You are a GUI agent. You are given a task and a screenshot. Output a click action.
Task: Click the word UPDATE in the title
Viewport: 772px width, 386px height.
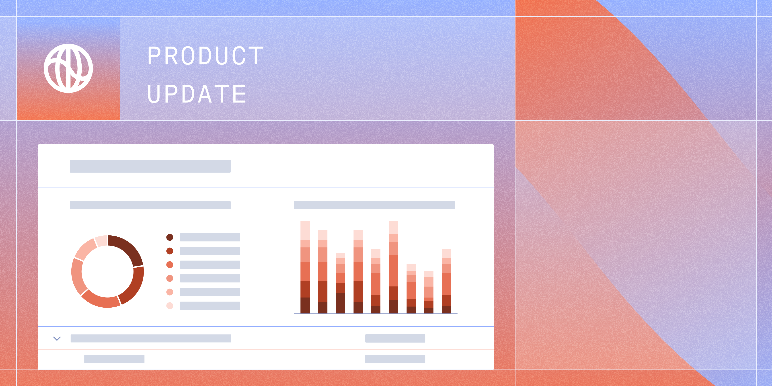pyautogui.click(x=197, y=94)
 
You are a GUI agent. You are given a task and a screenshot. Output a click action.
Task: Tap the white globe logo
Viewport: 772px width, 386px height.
pyautogui.click(x=68, y=68)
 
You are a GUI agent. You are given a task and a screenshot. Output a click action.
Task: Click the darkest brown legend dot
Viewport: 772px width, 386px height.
pyautogui.click(x=170, y=237)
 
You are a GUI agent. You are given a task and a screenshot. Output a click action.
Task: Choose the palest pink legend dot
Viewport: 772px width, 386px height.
pyautogui.click(x=170, y=306)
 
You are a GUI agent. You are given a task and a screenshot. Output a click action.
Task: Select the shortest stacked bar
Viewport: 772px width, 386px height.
pyautogui.click(x=429, y=292)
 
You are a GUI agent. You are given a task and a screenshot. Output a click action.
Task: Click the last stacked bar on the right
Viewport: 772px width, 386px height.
pyautogui.click(x=446, y=281)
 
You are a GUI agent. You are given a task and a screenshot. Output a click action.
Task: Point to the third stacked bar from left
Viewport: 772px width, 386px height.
pyautogui.click(x=340, y=283)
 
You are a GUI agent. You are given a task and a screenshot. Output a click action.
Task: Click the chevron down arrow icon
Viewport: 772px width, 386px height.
pyautogui.click(x=57, y=339)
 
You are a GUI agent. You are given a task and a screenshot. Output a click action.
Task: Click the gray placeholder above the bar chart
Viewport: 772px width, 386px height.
pyautogui.click(x=374, y=205)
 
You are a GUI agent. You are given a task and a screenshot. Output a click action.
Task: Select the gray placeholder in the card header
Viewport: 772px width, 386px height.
pyautogui.click(x=150, y=166)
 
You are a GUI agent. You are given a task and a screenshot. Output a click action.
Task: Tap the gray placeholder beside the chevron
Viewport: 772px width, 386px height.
pyautogui.click(x=151, y=338)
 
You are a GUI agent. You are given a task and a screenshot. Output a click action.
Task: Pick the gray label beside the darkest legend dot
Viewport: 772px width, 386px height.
pyautogui.click(x=210, y=237)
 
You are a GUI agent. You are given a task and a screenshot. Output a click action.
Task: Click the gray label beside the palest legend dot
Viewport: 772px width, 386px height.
pyautogui.click(x=210, y=306)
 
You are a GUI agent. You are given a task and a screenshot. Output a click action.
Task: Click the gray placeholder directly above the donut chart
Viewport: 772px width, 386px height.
pyautogui.click(x=150, y=205)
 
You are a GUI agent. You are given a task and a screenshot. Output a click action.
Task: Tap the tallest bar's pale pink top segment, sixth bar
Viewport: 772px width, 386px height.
pyautogui.click(x=393, y=227)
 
